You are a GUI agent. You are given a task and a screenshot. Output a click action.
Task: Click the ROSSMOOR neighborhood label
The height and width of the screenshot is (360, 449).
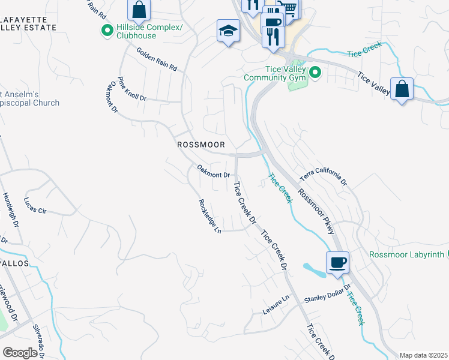coord(201,145)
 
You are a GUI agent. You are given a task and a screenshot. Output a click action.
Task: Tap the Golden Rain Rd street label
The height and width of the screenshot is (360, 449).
coord(157,60)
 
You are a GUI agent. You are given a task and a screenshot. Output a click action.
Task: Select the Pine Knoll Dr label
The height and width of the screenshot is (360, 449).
coord(132,89)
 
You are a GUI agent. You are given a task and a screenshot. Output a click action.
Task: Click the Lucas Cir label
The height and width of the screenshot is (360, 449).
coord(35,206)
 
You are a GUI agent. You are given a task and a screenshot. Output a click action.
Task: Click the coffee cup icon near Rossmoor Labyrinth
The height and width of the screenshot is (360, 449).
coord(337,262)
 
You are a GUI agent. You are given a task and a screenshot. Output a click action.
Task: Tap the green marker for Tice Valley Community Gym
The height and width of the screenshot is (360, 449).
coord(315,73)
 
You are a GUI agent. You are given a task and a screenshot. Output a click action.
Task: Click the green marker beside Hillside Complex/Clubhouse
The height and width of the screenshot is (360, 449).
coord(107,31)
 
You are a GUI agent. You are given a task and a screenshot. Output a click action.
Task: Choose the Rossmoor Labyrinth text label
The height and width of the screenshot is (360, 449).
coord(406,254)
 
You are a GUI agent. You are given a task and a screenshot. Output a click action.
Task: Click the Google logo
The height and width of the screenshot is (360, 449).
coord(20,352)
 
